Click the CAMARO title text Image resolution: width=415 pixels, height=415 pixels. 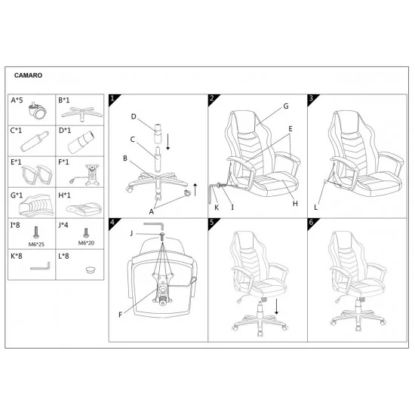(x=28, y=75)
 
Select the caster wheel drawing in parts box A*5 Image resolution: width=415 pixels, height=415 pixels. (x=37, y=110)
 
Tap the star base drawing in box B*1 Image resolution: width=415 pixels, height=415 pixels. (x=81, y=114)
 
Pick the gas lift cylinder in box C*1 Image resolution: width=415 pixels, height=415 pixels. (x=35, y=142)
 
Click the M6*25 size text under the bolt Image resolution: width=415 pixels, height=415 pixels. (x=36, y=244)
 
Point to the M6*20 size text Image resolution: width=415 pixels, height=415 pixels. (x=86, y=243)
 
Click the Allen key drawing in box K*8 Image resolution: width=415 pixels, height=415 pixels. (x=40, y=266)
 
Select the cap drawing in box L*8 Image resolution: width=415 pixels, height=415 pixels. (x=91, y=269)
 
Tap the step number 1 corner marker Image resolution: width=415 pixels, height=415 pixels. (x=112, y=99)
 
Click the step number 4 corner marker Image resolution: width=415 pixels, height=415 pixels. (x=112, y=223)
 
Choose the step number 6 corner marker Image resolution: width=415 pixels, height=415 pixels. (x=312, y=223)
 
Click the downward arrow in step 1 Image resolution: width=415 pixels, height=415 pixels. (x=168, y=142)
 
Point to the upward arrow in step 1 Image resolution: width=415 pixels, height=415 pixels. (x=195, y=189)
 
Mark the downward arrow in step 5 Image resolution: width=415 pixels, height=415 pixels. (x=277, y=307)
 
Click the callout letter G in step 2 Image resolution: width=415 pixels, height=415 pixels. (x=286, y=106)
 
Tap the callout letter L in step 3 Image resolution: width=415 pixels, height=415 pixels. (x=315, y=207)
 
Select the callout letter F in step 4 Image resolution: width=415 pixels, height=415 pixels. (x=121, y=315)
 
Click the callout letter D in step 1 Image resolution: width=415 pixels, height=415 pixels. (x=134, y=116)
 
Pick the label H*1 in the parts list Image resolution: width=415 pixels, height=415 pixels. (x=64, y=195)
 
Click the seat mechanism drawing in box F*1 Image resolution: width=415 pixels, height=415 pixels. (x=88, y=175)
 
